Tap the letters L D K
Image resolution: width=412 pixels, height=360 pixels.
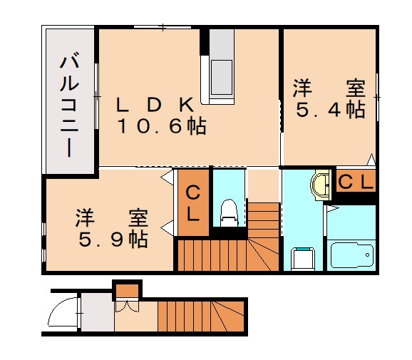coord(155,105)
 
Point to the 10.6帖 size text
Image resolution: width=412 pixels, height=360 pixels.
coord(162,128)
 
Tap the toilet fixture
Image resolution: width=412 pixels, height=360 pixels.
coord(228,210)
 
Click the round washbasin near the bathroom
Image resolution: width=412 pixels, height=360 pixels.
coord(321,185)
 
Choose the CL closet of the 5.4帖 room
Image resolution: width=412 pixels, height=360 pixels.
coord(355,182)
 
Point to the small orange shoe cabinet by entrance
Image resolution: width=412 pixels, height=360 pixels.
coord(127,290)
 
